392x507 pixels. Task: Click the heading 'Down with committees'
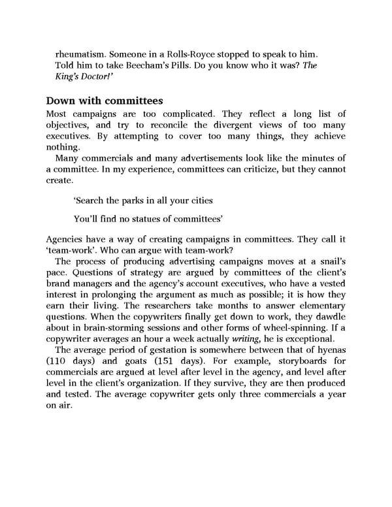[104, 101]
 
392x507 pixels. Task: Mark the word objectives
[71, 125]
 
